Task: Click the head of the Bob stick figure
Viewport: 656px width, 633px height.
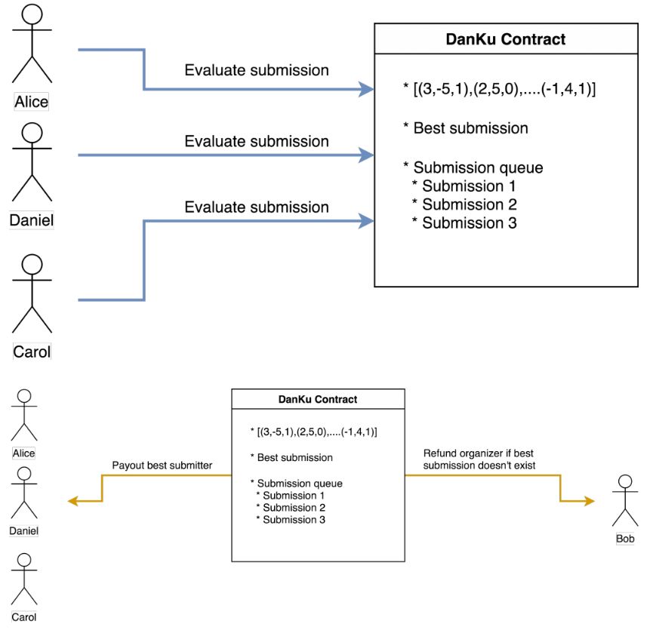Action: pos(624,481)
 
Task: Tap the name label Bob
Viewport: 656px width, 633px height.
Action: pos(625,539)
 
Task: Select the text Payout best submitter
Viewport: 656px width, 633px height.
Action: pos(162,466)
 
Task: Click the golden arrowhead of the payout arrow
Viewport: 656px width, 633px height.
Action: pos(73,501)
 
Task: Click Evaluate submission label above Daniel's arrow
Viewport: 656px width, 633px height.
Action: pos(257,141)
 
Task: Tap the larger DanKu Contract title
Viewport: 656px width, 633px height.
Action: pos(506,38)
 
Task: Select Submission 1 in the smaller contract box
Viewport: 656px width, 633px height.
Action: pos(294,495)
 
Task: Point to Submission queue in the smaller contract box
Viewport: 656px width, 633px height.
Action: pos(300,483)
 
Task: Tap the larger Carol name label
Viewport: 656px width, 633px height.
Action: pos(32,351)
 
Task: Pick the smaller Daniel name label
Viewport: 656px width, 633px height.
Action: pos(24,530)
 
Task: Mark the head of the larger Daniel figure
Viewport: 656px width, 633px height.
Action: pos(32,133)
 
